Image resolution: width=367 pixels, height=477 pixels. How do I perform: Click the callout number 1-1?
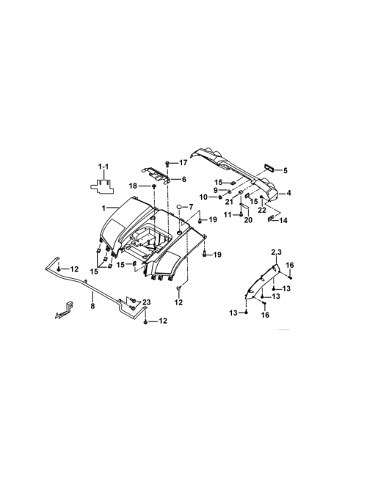tap(103, 167)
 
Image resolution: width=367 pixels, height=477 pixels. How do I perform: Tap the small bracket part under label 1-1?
tap(101, 186)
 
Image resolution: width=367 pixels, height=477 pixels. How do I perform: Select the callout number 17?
tap(183, 163)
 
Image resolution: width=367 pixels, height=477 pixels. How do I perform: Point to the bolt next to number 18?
tap(154, 186)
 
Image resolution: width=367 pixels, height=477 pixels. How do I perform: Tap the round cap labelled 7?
tap(180, 207)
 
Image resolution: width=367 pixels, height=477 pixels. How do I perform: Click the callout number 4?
tap(288, 192)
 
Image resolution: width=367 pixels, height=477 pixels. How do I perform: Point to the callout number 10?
tap(203, 197)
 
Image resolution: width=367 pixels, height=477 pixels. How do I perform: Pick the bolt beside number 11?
tap(241, 214)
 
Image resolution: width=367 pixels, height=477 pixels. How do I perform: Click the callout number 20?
tap(248, 219)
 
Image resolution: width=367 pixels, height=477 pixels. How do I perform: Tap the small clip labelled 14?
tap(271, 218)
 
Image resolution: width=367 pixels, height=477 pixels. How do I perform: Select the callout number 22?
tap(262, 210)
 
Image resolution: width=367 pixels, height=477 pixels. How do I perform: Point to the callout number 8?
tap(92, 305)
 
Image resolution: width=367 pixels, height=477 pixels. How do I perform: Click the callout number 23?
tap(146, 302)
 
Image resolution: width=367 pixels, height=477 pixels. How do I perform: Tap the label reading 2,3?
tap(276, 252)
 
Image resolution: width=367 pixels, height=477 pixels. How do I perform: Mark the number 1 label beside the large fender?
tap(103, 208)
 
